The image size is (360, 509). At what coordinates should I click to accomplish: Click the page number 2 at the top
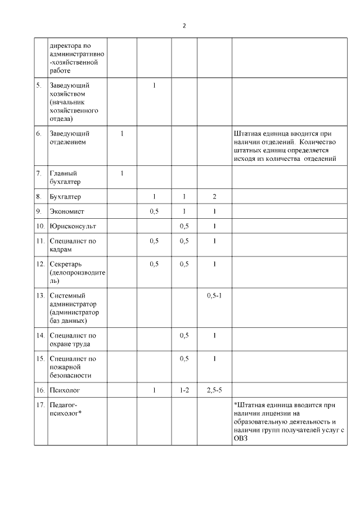pyautogui.click(x=184, y=26)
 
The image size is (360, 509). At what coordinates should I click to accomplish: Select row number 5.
pyautogui.click(x=39, y=85)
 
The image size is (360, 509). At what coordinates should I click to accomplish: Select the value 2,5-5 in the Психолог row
pyautogui.click(x=214, y=389)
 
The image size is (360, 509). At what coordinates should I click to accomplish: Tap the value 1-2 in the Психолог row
pyautogui.click(x=184, y=389)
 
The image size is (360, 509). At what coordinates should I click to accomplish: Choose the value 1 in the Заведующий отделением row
pyautogui.click(x=122, y=133)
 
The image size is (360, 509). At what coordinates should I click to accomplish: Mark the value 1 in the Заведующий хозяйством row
pyautogui.click(x=154, y=85)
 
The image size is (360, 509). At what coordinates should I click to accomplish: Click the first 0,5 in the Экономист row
pyautogui.click(x=154, y=211)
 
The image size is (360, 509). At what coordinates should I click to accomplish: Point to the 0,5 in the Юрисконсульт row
pyautogui.click(x=184, y=226)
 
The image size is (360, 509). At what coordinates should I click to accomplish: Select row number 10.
pyautogui.click(x=39, y=226)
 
